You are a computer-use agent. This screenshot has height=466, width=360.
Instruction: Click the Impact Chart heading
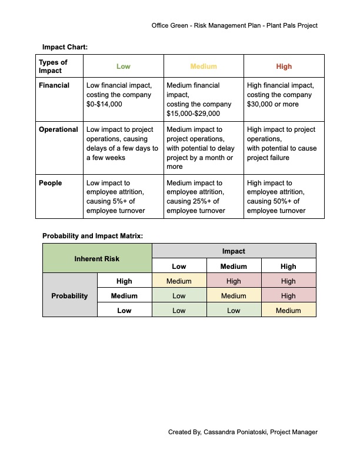[65, 46]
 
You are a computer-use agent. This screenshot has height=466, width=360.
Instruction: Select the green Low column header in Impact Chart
[124, 66]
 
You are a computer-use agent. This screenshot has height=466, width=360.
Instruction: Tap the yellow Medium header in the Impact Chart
[204, 66]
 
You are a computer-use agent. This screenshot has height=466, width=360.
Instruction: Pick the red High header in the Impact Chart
[284, 66]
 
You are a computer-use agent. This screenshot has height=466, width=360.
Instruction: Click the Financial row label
[54, 85]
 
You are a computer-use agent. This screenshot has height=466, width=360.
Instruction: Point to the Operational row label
[58, 129]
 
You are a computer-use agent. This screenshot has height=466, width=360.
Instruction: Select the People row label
[51, 183]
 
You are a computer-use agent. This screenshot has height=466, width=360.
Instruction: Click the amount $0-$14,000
[105, 104]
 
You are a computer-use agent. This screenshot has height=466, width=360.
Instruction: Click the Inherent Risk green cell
[97, 258]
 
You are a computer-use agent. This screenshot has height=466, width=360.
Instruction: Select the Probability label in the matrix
[69, 296]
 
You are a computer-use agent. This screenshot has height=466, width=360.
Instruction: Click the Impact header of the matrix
[234, 251]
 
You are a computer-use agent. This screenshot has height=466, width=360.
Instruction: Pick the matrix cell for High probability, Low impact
[179, 281]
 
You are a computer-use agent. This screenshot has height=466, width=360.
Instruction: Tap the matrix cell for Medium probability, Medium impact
[234, 296]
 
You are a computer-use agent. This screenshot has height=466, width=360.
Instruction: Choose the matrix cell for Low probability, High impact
[288, 311]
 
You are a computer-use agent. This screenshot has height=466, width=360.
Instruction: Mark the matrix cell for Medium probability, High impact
[288, 296]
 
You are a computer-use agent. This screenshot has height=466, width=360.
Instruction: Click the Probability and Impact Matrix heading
[92, 236]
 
